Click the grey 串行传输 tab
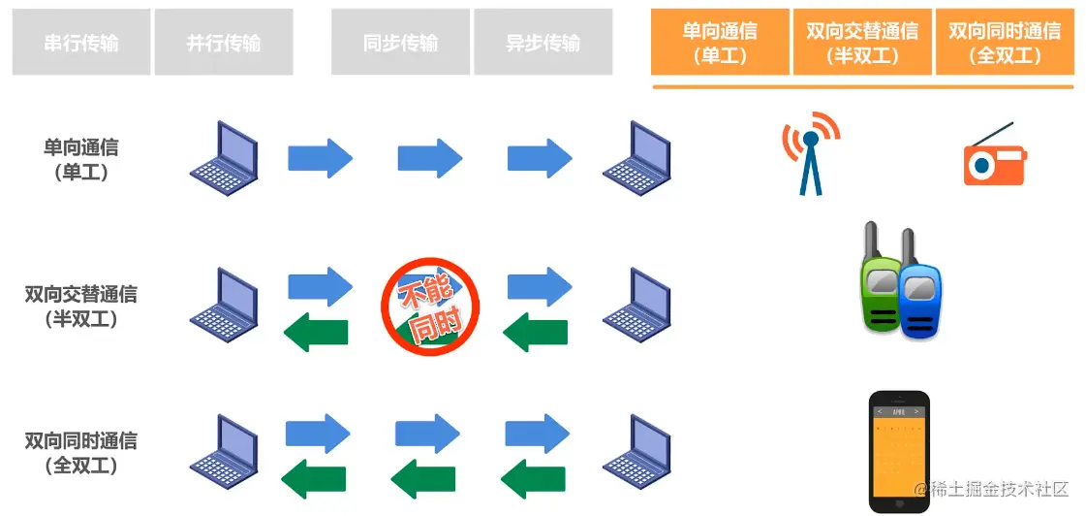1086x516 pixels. click(x=81, y=43)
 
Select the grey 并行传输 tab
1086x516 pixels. click(x=224, y=43)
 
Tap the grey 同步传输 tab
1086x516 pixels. click(x=400, y=43)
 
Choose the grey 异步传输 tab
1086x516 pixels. click(x=543, y=43)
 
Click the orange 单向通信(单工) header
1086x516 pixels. click(x=720, y=43)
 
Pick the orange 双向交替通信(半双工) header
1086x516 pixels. click(x=862, y=43)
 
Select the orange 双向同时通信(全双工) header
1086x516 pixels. click(x=1005, y=43)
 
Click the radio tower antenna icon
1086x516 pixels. click(x=811, y=151)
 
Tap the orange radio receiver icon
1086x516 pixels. click(x=993, y=157)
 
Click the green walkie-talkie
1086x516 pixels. click(x=882, y=281)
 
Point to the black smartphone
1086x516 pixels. click(x=899, y=450)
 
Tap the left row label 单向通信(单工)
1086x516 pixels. click(x=81, y=160)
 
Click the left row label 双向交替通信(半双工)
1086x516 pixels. click(x=81, y=305)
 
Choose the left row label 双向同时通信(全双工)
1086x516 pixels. click(x=81, y=452)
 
